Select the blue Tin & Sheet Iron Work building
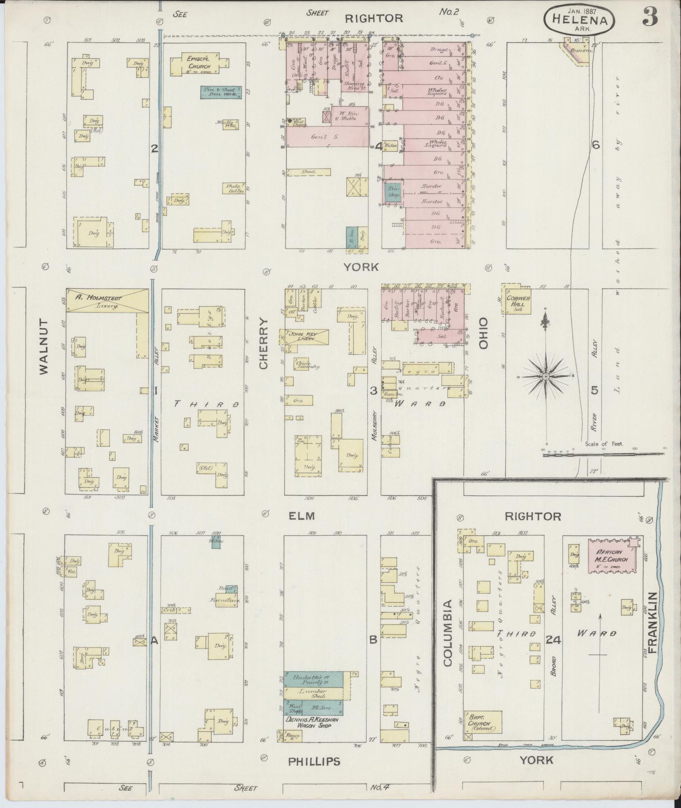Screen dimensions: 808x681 (x=220, y=92)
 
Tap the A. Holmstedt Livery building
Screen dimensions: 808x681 (x=107, y=301)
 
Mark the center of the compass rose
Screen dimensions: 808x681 (x=545, y=376)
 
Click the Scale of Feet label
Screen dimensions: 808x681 (x=604, y=444)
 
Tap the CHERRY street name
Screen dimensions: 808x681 (x=264, y=344)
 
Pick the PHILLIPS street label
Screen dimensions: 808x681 (x=314, y=761)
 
